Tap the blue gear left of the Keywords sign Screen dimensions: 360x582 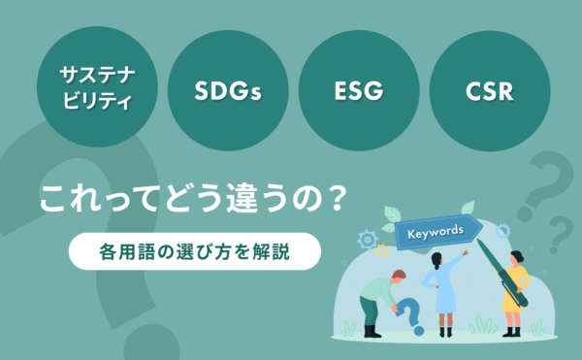pyautogui.click(x=368, y=239)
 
